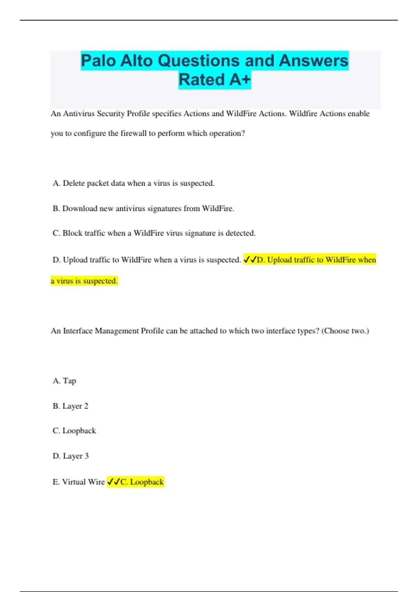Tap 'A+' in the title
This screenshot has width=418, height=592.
[240, 80]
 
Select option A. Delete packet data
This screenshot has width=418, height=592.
[133, 183]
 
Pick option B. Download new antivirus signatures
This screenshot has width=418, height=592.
[143, 209]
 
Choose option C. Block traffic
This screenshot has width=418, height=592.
[154, 233]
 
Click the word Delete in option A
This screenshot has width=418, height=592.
[73, 183]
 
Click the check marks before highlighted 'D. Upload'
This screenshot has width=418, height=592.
[250, 260]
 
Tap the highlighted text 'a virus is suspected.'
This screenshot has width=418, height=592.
[84, 281]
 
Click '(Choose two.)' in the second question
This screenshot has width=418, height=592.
[345, 331]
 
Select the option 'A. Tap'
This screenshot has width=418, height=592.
[64, 381]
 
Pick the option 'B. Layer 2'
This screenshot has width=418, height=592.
[70, 406]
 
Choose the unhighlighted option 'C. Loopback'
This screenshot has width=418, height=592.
[74, 431]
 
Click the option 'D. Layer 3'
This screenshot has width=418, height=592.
[71, 456]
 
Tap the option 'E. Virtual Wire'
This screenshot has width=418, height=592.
[79, 482]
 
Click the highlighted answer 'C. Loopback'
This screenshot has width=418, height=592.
[142, 482]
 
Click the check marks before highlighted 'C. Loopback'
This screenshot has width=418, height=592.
[113, 482]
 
